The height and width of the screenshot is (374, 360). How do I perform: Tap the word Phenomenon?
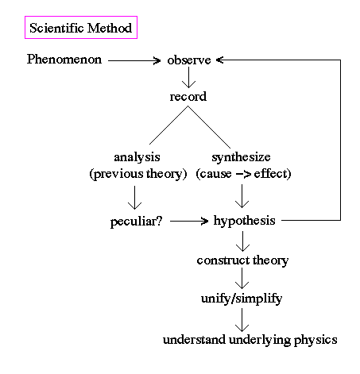click(64, 59)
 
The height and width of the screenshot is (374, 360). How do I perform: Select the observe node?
click(189, 60)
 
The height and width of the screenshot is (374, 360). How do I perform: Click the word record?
click(188, 97)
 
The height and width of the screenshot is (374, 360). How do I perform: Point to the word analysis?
click(137, 157)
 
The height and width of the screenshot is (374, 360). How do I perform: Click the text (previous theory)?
click(138, 174)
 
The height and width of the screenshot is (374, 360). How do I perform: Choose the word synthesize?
click(241, 157)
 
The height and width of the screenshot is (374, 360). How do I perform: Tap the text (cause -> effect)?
click(243, 174)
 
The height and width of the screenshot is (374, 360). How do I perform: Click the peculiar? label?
click(136, 222)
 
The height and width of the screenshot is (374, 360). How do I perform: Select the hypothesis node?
click(244, 221)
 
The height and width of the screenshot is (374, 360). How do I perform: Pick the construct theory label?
click(242, 260)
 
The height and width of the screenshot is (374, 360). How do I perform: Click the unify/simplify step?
click(242, 299)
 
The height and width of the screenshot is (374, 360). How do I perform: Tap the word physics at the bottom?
click(315, 340)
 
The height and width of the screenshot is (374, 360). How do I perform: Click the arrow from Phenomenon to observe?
click(134, 60)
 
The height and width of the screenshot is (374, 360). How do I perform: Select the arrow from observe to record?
click(188, 77)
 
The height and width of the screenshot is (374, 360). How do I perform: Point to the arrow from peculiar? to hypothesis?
click(189, 221)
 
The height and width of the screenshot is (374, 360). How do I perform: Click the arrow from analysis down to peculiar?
click(134, 198)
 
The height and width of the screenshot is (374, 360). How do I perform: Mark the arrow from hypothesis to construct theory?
click(242, 241)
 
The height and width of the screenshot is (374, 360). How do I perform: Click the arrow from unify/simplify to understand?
click(242, 320)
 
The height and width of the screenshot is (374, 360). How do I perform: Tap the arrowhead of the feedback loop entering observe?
click(219, 60)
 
